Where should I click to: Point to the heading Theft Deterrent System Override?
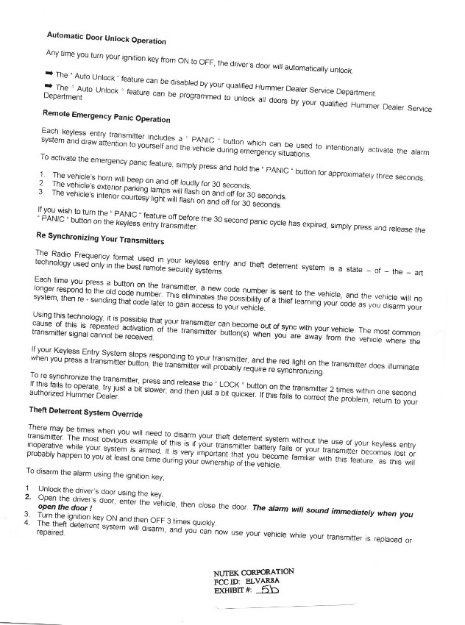(85, 408)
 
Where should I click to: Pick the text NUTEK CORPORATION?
(253, 571)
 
